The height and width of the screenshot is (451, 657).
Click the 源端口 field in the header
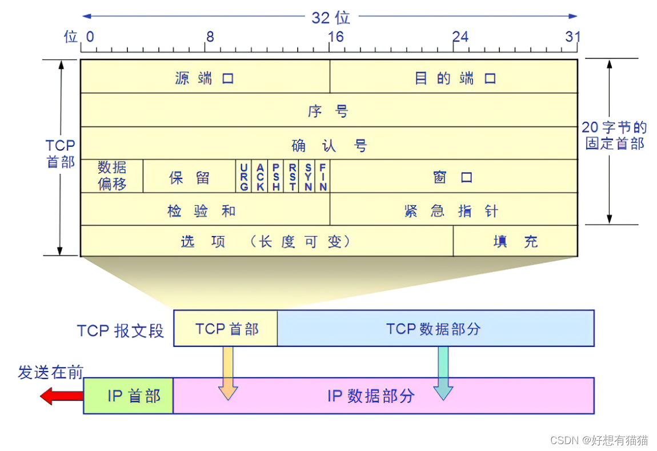click(x=205, y=77)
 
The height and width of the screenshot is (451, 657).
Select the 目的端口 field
click(x=454, y=77)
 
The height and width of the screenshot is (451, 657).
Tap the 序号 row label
click(x=328, y=110)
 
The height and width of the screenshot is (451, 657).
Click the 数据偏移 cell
click(x=112, y=175)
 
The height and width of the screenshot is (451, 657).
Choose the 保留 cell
click(x=189, y=177)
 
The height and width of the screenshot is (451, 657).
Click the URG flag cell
click(x=244, y=176)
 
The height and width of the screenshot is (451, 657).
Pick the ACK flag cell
click(x=260, y=176)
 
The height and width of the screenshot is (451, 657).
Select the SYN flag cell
click(x=308, y=176)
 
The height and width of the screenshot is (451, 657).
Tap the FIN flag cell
click(x=323, y=176)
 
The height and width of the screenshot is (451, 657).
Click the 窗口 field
click(x=453, y=177)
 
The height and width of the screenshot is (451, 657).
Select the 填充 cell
click(x=515, y=241)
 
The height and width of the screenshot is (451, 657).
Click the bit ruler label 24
click(x=460, y=37)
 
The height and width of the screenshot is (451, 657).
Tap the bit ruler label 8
click(x=210, y=37)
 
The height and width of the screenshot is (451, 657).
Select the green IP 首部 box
click(x=129, y=396)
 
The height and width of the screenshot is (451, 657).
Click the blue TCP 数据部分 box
click(x=435, y=329)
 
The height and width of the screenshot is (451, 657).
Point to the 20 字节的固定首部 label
click(x=615, y=135)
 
